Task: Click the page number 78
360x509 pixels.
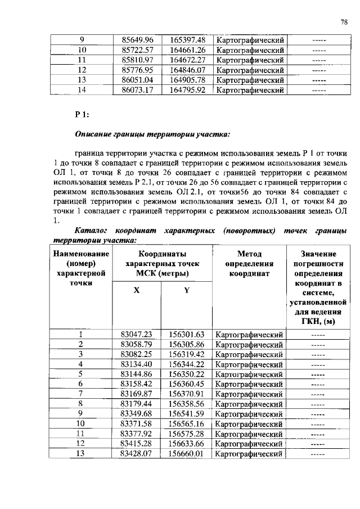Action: [x=344, y=22]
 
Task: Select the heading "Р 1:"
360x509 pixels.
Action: [x=82, y=115]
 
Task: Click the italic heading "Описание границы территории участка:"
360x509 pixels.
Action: [x=152, y=135]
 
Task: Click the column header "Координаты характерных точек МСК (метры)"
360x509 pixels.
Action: [x=162, y=263]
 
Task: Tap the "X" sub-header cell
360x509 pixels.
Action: [x=137, y=291]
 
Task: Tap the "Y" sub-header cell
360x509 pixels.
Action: [x=187, y=291]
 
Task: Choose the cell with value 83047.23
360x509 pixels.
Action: [x=137, y=334]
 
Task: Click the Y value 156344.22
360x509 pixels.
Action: [x=187, y=364]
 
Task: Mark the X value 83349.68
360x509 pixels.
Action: [x=137, y=413]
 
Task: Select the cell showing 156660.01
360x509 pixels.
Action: [x=187, y=453]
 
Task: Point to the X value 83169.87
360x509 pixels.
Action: [x=137, y=394]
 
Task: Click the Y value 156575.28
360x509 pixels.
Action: [x=187, y=434]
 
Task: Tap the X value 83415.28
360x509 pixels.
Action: [x=137, y=443]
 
